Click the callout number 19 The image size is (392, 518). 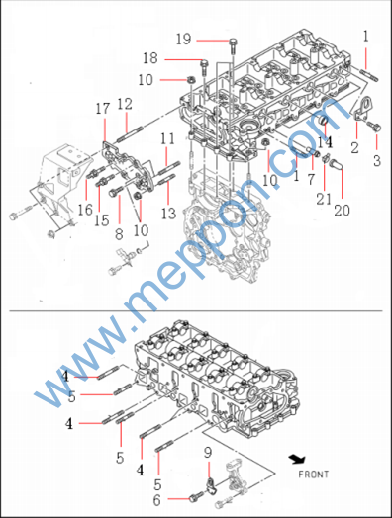183,40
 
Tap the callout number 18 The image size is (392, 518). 150,58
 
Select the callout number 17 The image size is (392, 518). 103,109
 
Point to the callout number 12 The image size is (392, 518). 125,104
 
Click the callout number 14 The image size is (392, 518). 325,142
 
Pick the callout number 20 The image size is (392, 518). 342,211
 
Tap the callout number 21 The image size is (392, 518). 324,199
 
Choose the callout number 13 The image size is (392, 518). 168,214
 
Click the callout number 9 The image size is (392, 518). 208,453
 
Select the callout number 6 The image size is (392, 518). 156,500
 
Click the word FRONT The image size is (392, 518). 313,475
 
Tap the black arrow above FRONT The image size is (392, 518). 297,460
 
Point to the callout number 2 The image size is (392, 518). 354,147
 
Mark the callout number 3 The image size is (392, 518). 377,161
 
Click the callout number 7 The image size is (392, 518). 311,179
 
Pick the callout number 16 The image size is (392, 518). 85,210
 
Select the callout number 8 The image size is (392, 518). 119,234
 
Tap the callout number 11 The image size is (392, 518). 167,138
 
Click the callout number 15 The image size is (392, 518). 101,220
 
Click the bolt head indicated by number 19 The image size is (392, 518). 234,42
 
